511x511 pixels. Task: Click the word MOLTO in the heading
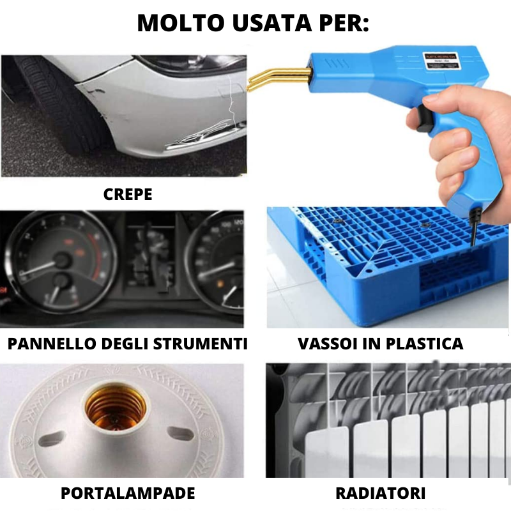tap(181, 23)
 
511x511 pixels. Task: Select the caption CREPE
tap(128, 195)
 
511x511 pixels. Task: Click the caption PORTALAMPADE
tap(128, 493)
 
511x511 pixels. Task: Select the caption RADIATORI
tap(381, 493)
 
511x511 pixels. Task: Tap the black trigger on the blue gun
tap(423, 119)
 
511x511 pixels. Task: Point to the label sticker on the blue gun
tap(441, 60)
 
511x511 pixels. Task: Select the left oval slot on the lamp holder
tap(52, 439)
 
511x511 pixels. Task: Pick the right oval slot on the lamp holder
tap(181, 434)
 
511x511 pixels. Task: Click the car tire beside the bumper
tap(62, 104)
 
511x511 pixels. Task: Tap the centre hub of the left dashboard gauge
tap(61, 261)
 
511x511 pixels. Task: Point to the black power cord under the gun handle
tap(473, 228)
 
